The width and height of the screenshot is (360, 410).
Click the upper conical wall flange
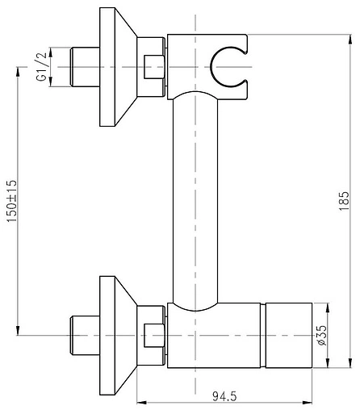tap(117, 66)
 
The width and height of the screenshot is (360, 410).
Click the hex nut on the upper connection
tap(153, 66)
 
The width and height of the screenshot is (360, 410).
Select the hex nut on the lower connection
tap(153, 333)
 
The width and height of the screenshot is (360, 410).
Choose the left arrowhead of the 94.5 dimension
tap(142, 401)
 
